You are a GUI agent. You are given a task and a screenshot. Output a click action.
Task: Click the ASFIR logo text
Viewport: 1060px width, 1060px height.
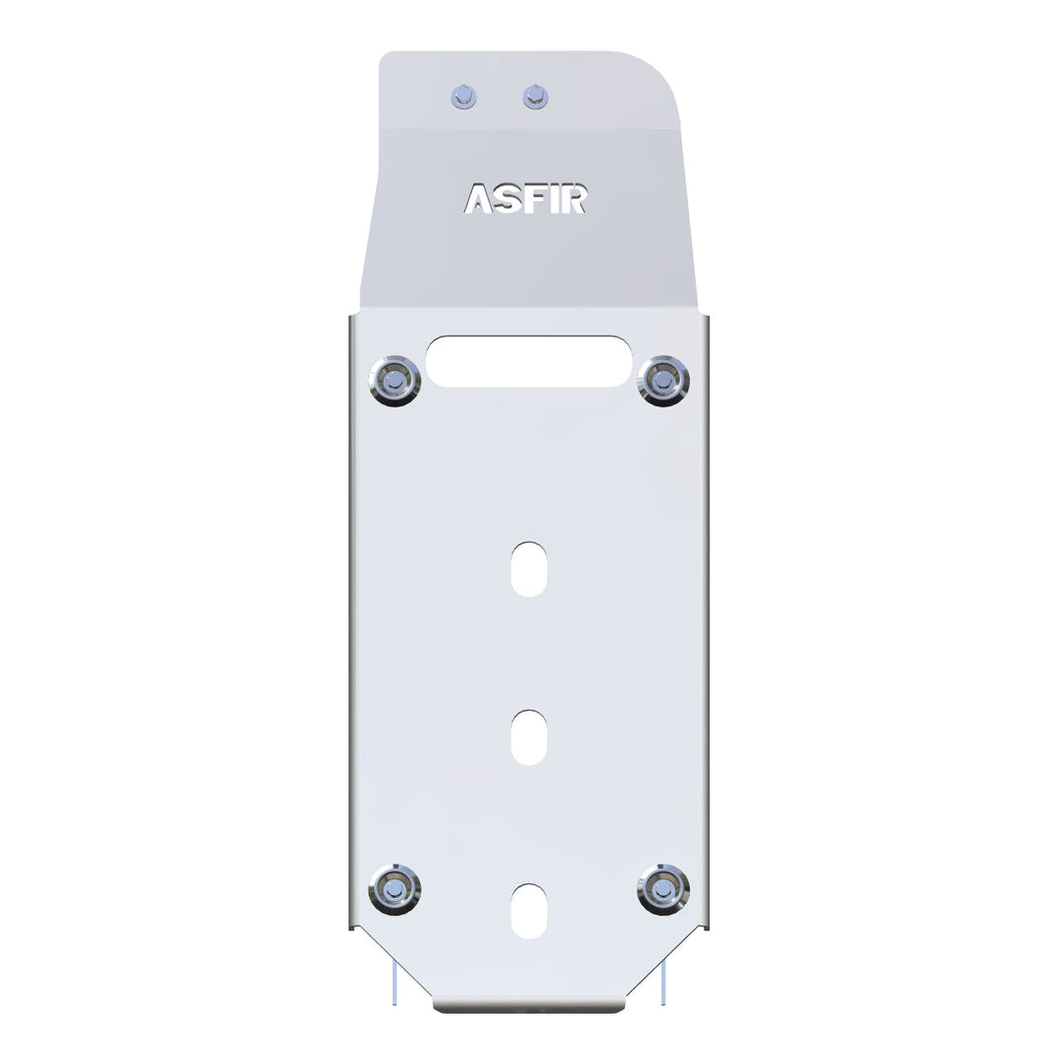pos(525,198)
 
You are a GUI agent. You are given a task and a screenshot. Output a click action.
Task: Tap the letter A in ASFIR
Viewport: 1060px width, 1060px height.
pos(478,198)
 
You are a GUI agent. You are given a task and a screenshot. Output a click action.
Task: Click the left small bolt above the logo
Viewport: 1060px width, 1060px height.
pos(463,97)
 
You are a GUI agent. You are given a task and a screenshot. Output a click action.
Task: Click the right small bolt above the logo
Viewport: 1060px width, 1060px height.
pos(536,96)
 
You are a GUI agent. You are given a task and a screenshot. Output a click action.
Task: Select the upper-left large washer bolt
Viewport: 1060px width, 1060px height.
pos(395,381)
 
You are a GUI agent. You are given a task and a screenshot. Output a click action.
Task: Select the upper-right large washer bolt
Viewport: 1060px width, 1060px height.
pos(663,381)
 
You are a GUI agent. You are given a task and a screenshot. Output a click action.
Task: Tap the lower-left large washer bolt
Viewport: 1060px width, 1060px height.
pos(395,889)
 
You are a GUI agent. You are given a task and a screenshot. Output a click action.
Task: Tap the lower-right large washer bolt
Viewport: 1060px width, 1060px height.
pos(663,889)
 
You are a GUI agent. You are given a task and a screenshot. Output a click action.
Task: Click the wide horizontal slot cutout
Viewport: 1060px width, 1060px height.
pos(529,361)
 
